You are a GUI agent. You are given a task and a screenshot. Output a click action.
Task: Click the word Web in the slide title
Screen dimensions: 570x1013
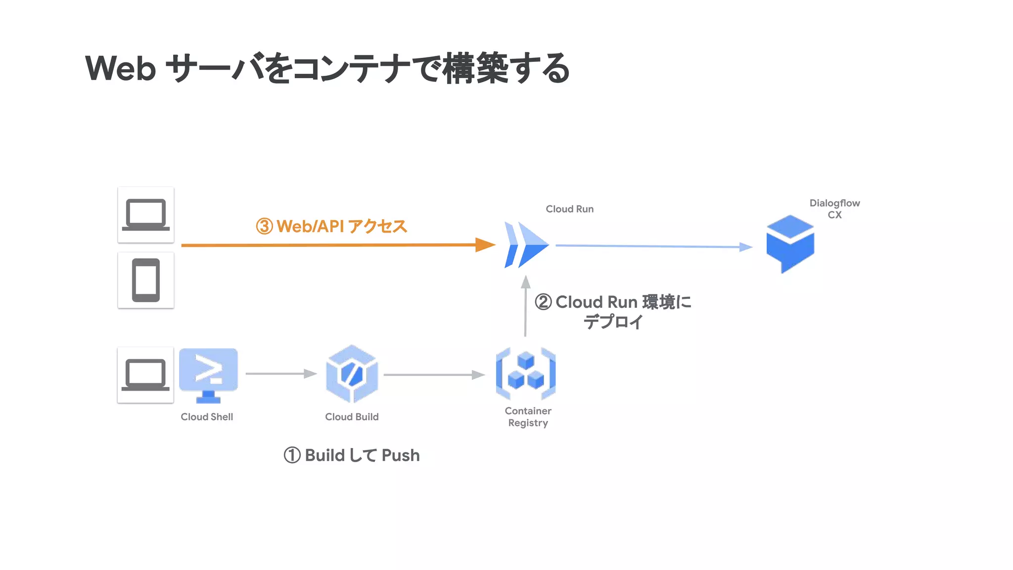pyautogui.click(x=121, y=68)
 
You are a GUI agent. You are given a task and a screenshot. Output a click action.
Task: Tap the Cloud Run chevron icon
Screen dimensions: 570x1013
pyautogui.click(x=526, y=245)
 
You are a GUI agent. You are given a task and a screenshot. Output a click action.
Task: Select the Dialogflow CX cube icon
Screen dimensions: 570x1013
pyautogui.click(x=790, y=243)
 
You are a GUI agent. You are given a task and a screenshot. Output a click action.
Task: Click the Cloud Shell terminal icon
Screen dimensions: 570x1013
pyautogui.click(x=208, y=375)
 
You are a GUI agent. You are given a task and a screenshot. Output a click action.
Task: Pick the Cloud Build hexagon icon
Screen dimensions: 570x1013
pyautogui.click(x=352, y=374)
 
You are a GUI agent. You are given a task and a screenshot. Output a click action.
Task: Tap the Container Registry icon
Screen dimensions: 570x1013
pyautogui.click(x=526, y=374)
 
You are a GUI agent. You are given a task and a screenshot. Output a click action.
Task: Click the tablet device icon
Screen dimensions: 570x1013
pyautogui.click(x=146, y=280)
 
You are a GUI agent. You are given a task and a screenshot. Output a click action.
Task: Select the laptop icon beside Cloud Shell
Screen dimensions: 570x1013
pyautogui.click(x=145, y=375)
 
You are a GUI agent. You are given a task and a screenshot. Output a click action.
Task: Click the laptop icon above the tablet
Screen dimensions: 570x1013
pyautogui.click(x=146, y=215)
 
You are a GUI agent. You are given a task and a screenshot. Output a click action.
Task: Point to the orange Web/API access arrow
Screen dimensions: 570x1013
pyautogui.click(x=336, y=245)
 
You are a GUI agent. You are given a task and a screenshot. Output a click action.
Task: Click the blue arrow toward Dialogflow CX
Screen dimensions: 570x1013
pyautogui.click(x=653, y=246)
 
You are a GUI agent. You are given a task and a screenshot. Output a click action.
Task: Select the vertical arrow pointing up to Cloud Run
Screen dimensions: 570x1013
pyautogui.click(x=525, y=307)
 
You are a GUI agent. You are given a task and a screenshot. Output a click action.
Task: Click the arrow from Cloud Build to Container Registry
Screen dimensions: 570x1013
pyautogui.click(x=433, y=375)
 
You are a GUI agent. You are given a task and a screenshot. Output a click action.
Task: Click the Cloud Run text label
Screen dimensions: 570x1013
pyautogui.click(x=569, y=209)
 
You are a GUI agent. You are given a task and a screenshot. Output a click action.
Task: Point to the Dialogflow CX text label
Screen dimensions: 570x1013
pyautogui.click(x=834, y=209)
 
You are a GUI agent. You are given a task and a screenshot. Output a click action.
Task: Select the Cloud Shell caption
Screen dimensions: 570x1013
pyautogui.click(x=207, y=417)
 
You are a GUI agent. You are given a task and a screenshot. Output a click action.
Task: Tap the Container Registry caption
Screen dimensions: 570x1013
pyautogui.click(x=528, y=417)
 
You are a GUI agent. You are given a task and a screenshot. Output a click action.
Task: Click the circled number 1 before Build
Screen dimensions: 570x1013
pyautogui.click(x=292, y=455)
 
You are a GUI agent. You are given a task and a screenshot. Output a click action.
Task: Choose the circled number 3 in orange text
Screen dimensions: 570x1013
pyautogui.click(x=264, y=226)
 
